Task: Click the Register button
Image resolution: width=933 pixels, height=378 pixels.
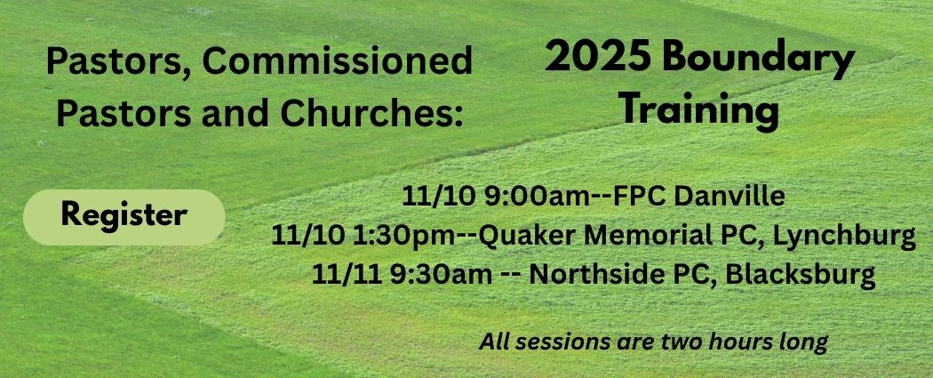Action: tap(124, 216)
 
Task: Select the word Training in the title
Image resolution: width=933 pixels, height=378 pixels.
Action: tap(699, 112)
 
